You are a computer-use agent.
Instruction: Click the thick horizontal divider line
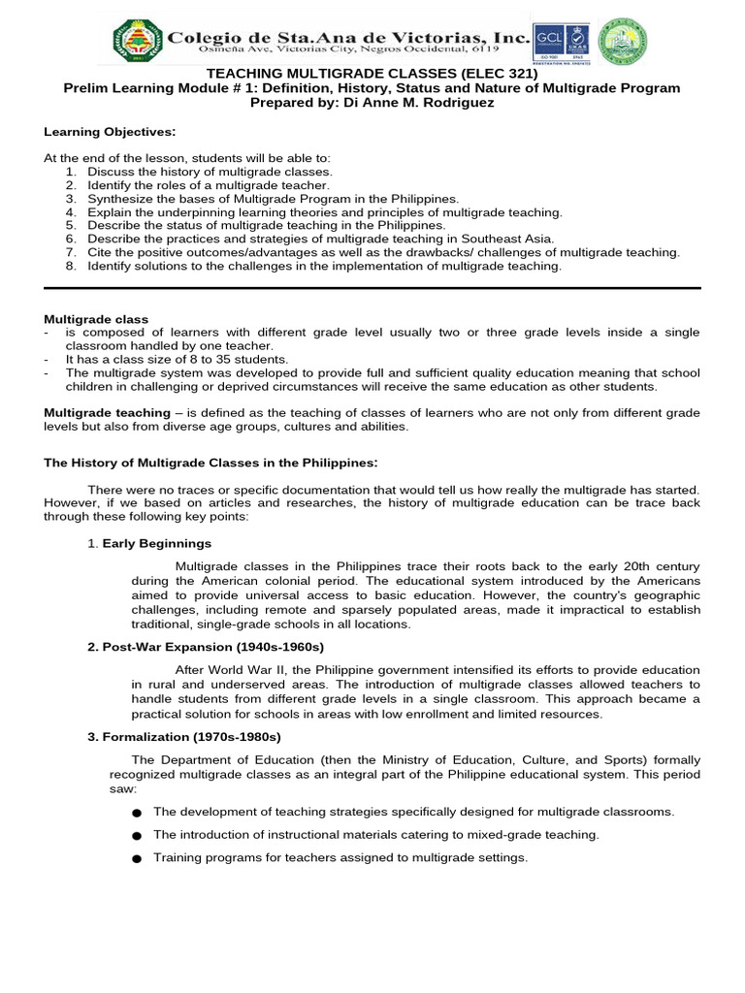[372, 288]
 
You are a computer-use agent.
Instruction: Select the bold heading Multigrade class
[96, 319]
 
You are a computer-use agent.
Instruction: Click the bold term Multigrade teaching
[101, 413]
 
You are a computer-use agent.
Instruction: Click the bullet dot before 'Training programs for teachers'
[136, 859]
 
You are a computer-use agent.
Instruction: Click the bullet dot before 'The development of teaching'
[136, 813]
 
